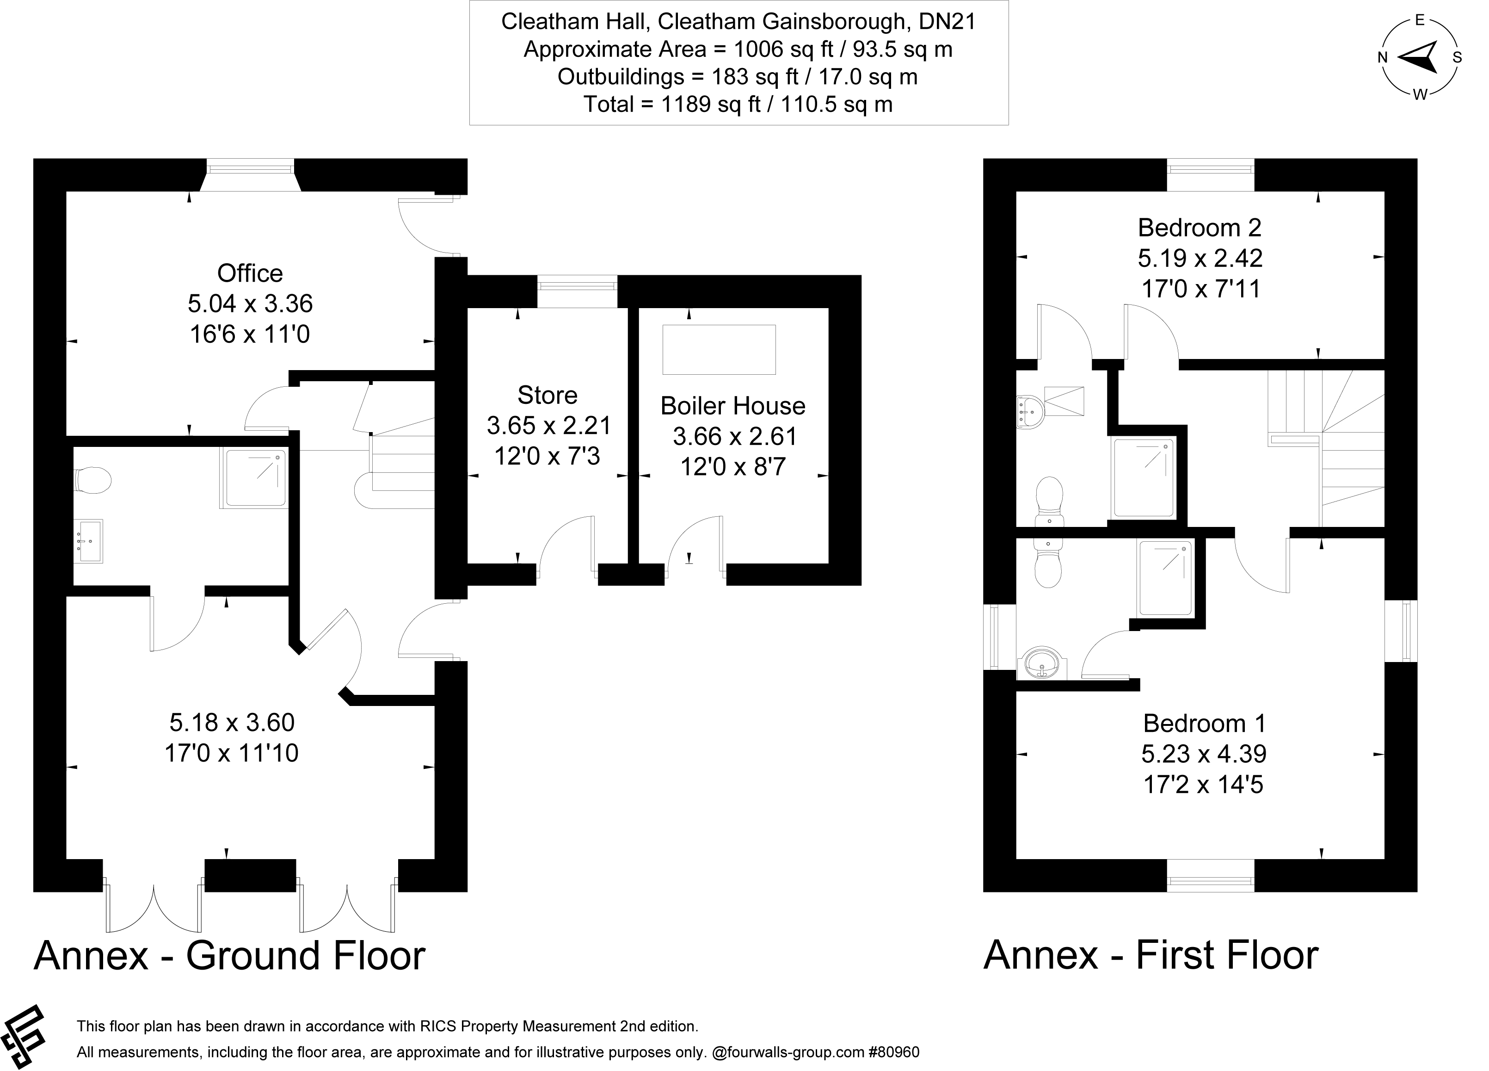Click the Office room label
[250, 273]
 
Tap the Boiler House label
[732, 406]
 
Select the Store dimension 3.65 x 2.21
[548, 426]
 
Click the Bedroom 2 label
[1200, 228]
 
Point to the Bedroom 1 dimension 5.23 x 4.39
[1203, 754]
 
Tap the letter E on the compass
[1420, 21]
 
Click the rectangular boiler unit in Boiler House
[719, 349]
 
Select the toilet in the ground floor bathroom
[92, 480]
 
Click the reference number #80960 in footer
[894, 1052]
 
